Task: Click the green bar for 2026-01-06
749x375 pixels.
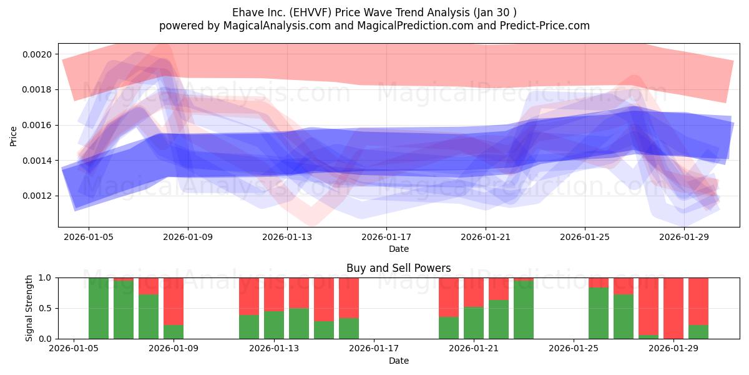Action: point(99,308)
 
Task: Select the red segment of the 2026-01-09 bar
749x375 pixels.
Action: point(174,301)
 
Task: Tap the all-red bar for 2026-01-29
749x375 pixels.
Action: point(673,308)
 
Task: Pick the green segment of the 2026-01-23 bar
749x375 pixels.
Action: point(524,310)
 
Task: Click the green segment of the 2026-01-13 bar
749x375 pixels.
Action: point(274,325)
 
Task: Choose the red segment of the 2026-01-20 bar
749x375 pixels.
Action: point(449,297)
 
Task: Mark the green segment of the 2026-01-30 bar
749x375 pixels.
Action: point(698,332)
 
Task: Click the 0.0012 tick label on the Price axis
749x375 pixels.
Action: point(37,196)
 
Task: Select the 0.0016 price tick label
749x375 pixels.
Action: point(37,125)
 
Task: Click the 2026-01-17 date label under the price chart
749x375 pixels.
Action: point(386,237)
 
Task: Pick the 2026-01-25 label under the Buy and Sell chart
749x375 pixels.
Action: point(574,349)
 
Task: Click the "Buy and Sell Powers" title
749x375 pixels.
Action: point(399,268)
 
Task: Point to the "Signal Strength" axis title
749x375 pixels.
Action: point(29,308)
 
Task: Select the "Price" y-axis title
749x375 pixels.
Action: point(13,136)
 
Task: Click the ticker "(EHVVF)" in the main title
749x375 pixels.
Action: point(310,12)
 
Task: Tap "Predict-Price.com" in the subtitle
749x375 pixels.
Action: point(545,26)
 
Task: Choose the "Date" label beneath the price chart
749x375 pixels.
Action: point(399,249)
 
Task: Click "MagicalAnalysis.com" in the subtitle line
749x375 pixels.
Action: point(277,26)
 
